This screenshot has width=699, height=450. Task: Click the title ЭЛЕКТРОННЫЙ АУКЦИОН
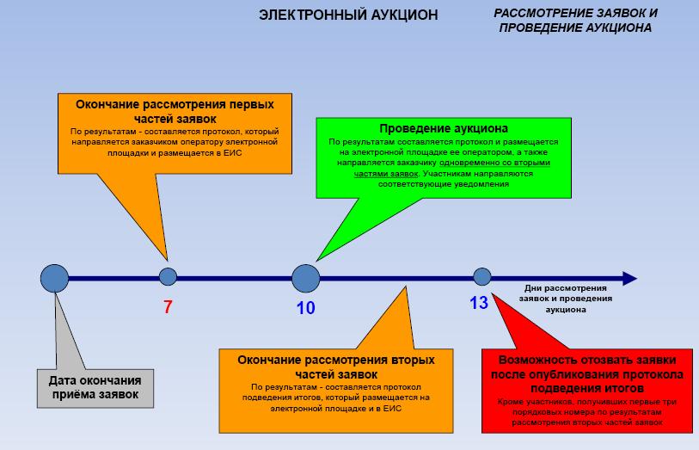(348, 15)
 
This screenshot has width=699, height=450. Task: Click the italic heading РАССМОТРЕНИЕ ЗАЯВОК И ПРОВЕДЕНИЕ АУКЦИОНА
(575, 21)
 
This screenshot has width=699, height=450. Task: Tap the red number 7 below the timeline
(168, 305)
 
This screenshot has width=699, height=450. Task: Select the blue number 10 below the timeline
(306, 308)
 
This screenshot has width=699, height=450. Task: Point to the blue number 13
(479, 303)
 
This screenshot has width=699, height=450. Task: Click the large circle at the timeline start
(55, 278)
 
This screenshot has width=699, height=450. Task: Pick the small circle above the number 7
(169, 277)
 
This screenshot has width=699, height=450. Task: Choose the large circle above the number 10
(305, 278)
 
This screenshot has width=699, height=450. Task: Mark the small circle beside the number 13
(482, 277)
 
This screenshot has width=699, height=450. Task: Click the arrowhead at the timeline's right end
(628, 278)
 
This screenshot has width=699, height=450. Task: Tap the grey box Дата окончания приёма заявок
(95, 388)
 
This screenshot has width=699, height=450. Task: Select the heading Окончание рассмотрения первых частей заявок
(175, 111)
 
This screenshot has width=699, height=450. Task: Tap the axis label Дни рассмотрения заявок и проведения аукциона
(565, 298)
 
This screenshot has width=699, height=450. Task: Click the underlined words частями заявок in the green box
(385, 173)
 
